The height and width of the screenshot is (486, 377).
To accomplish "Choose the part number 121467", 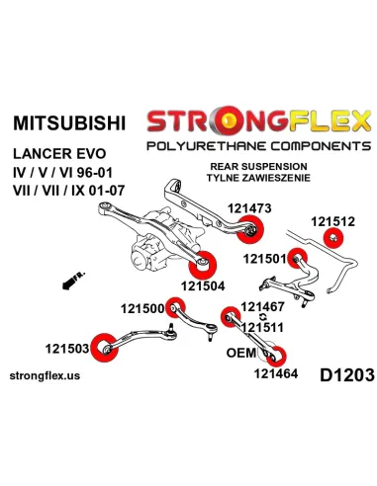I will pos(263,308).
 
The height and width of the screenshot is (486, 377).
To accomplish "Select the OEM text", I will pos(242,352).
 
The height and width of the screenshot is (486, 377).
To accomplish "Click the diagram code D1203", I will pos(339,374).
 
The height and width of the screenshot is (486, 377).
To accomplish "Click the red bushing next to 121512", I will pos(335,213).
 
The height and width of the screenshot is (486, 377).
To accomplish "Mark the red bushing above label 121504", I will pos(206,264).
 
